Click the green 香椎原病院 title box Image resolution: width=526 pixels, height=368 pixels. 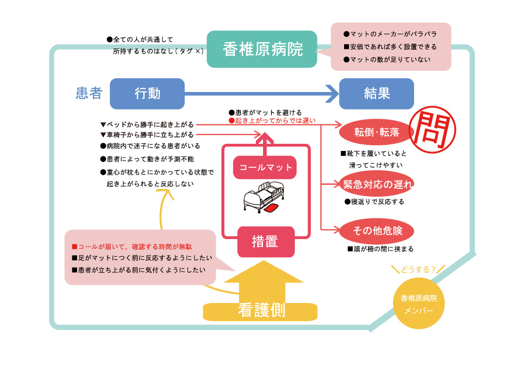coord(262,50)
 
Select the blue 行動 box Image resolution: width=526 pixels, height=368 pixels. coord(147,94)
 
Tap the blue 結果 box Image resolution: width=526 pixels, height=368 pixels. coord(377,94)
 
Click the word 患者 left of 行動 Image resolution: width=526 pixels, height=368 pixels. coord(89,93)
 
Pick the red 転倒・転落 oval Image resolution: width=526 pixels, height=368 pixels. coord(377,132)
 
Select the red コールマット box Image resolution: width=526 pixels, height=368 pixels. coord(265,167)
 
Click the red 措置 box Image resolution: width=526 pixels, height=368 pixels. coord(265,241)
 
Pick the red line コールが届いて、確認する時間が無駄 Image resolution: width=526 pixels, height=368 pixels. coord(132,246)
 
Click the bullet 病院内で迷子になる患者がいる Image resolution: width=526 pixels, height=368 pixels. coord(150,146)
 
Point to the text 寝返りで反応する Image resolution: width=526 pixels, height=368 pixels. coord(374,202)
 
